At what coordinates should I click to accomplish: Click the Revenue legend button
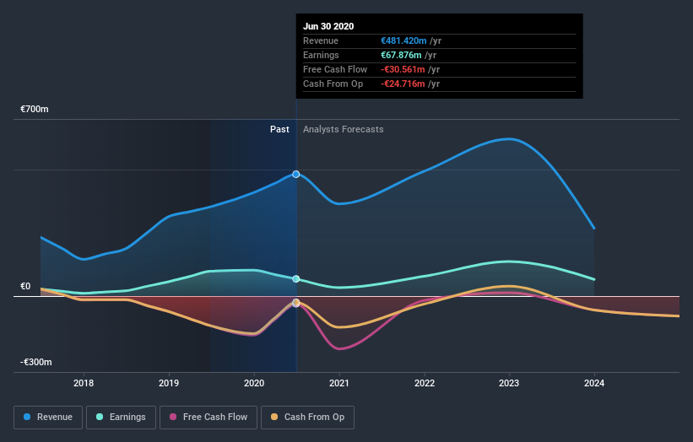pos(49,417)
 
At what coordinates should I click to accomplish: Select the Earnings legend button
pos(121,417)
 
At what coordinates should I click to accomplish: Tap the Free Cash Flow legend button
pos(207,417)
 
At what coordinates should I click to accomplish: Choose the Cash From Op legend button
pos(307,417)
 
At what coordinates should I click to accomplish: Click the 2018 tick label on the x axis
pos(84,383)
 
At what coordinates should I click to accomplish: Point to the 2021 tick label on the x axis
pos(339,383)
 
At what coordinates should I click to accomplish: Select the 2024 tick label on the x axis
pos(594,383)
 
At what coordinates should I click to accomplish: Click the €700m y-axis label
pos(35,110)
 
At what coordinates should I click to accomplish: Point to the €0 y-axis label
pos(25,286)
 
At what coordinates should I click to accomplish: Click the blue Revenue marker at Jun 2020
pos(296,174)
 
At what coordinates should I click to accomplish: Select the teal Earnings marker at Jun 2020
pos(296,278)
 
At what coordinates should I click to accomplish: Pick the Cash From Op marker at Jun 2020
pos(296,302)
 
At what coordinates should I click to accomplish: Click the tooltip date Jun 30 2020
pos(329,26)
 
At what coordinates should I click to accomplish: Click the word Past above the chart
pos(279,129)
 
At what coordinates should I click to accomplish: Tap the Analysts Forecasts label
pos(343,129)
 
